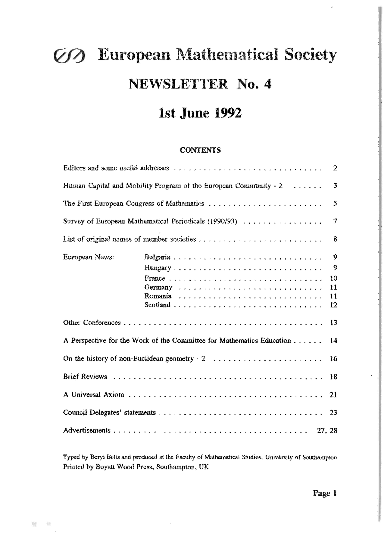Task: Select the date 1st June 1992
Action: click(x=200, y=113)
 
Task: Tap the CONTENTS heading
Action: click(x=200, y=150)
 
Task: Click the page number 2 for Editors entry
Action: click(x=335, y=168)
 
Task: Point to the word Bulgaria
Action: click(x=157, y=257)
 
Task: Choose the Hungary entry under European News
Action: click(x=158, y=268)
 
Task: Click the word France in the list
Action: click(x=155, y=278)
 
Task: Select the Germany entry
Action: click(x=158, y=287)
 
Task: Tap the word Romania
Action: click(x=158, y=296)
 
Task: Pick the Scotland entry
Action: click(x=157, y=305)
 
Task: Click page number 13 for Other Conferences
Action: click(x=333, y=323)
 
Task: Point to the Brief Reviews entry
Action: click(x=85, y=377)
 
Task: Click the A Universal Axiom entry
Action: click(x=93, y=395)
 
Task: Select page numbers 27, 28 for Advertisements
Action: click(x=327, y=430)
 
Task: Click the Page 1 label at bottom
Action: click(x=325, y=493)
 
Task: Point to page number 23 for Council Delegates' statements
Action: click(x=333, y=412)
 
